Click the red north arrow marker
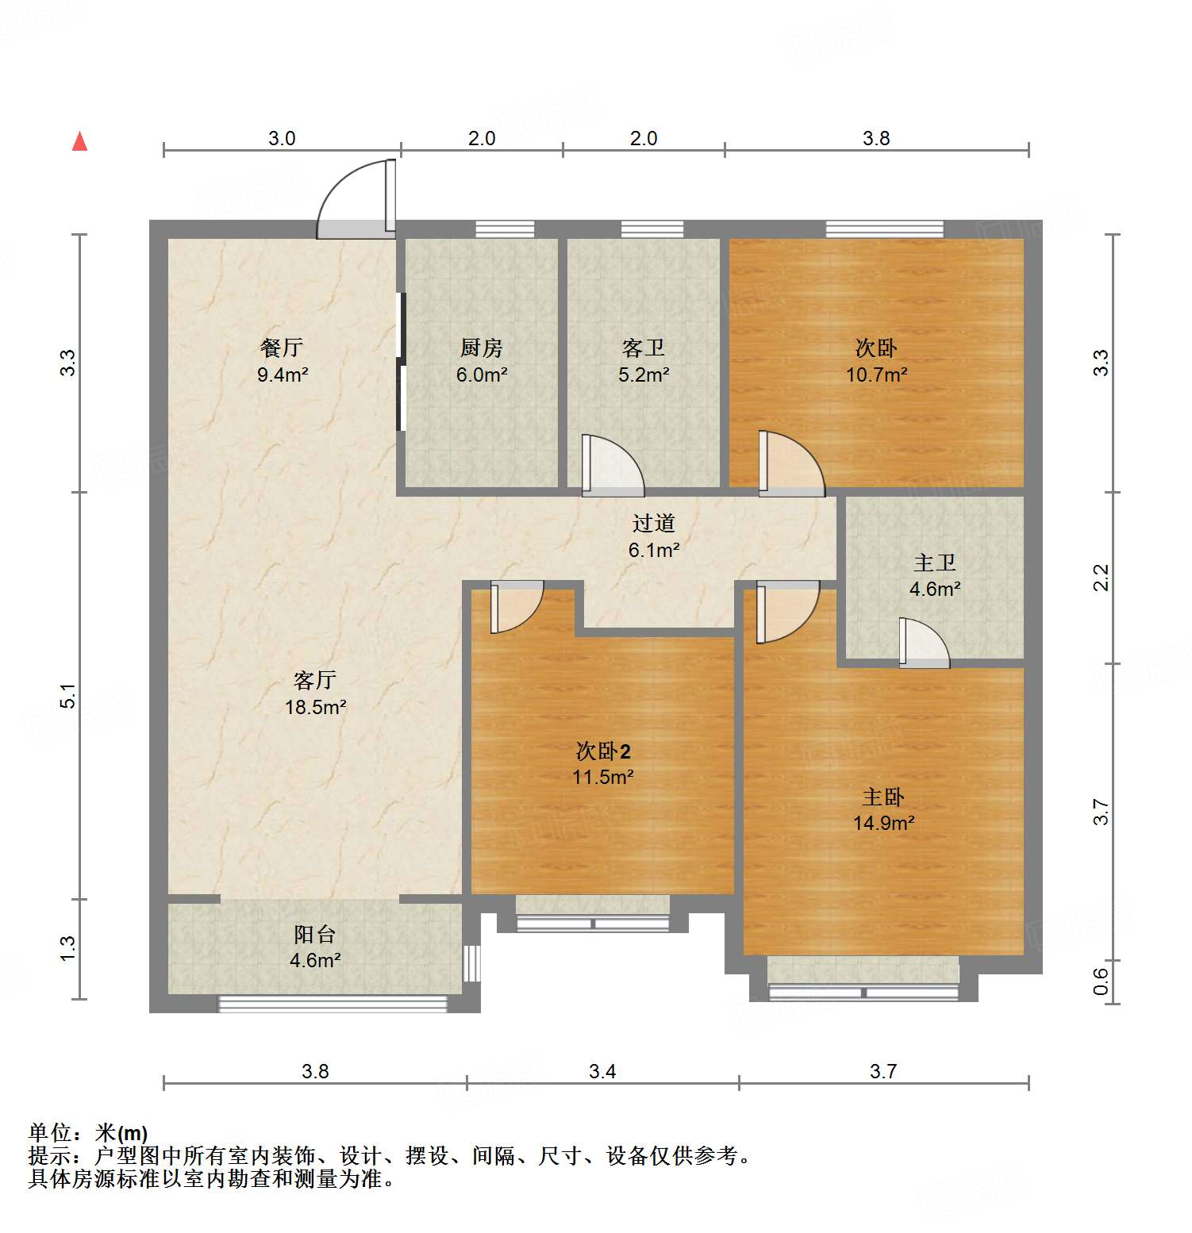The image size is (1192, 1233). pos(79,142)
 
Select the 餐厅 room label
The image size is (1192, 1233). pos(282,348)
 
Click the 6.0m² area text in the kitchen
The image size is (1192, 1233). pos(482,375)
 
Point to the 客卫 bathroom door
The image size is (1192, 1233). pos(611,466)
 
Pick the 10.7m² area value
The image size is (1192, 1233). pos(876,375)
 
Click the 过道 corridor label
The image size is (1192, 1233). pos(654,523)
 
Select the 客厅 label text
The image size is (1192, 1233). pos(315,680)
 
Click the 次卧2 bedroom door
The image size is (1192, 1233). pos(515,606)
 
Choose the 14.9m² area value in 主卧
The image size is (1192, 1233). pos(883,823)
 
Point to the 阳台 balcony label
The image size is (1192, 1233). pos(315,934)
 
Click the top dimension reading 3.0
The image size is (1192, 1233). pos(282,138)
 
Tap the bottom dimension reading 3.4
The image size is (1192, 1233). pos(602,1071)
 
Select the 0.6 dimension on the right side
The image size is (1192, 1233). pos(1101,981)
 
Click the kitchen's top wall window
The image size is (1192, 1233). pos(505,229)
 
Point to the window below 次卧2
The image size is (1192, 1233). pos(593,923)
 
